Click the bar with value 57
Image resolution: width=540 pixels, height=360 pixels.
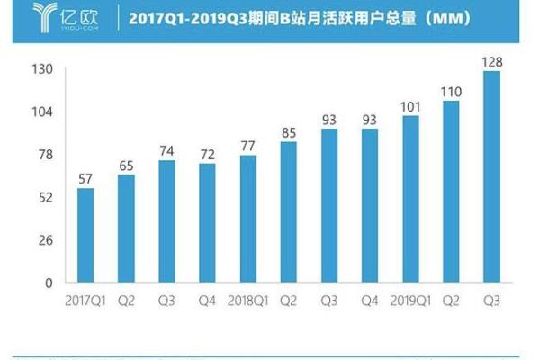point(85,235)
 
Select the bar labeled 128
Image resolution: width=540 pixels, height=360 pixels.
point(492,176)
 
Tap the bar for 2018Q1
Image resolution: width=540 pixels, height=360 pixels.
point(248,219)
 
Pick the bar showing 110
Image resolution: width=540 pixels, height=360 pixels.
point(452,192)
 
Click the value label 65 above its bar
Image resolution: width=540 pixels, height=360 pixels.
point(127,166)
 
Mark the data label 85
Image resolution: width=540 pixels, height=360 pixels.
point(290,134)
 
